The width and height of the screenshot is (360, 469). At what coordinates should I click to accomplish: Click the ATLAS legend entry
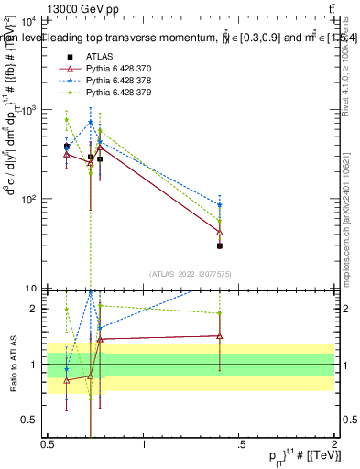pyautogui.click(x=99, y=57)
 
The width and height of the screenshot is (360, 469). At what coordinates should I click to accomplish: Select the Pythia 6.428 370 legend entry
pyautogui.click(x=119, y=69)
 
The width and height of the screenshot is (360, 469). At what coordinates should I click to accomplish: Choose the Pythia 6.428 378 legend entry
pyautogui.click(x=119, y=81)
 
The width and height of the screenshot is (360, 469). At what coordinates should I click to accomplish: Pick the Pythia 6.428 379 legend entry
pyautogui.click(x=119, y=93)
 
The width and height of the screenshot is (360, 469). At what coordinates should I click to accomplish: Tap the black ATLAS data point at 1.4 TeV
pyautogui.click(x=220, y=245)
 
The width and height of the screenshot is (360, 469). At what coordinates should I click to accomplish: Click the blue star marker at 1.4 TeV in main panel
pyautogui.click(x=220, y=205)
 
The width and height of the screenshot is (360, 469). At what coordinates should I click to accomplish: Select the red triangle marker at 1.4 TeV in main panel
pyautogui.click(x=220, y=233)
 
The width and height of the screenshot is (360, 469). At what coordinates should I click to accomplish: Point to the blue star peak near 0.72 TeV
pyautogui.click(x=91, y=122)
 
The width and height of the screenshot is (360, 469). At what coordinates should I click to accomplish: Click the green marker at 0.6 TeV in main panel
pyautogui.click(x=67, y=120)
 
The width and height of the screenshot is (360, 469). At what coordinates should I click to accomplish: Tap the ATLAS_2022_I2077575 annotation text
pyautogui.click(x=191, y=274)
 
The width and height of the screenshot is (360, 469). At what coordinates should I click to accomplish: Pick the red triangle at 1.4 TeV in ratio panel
pyautogui.click(x=220, y=335)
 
